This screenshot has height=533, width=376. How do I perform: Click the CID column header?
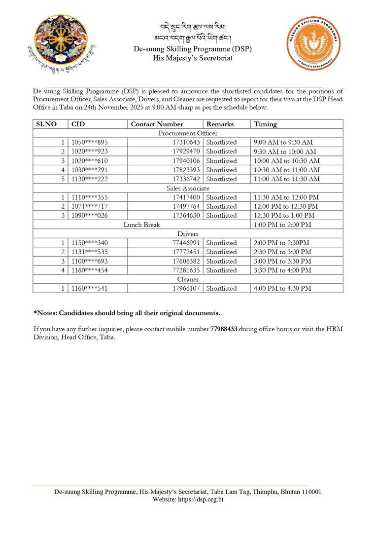pos(78,124)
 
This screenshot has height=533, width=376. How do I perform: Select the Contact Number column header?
pos(157,124)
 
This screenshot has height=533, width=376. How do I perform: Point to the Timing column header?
pos(265,124)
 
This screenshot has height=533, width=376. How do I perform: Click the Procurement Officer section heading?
pos(188,133)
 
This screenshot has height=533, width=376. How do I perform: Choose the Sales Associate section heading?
pos(188,188)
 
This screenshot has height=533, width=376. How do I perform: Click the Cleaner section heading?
pos(188,279)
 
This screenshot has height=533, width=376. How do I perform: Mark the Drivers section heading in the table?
pos(188,233)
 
